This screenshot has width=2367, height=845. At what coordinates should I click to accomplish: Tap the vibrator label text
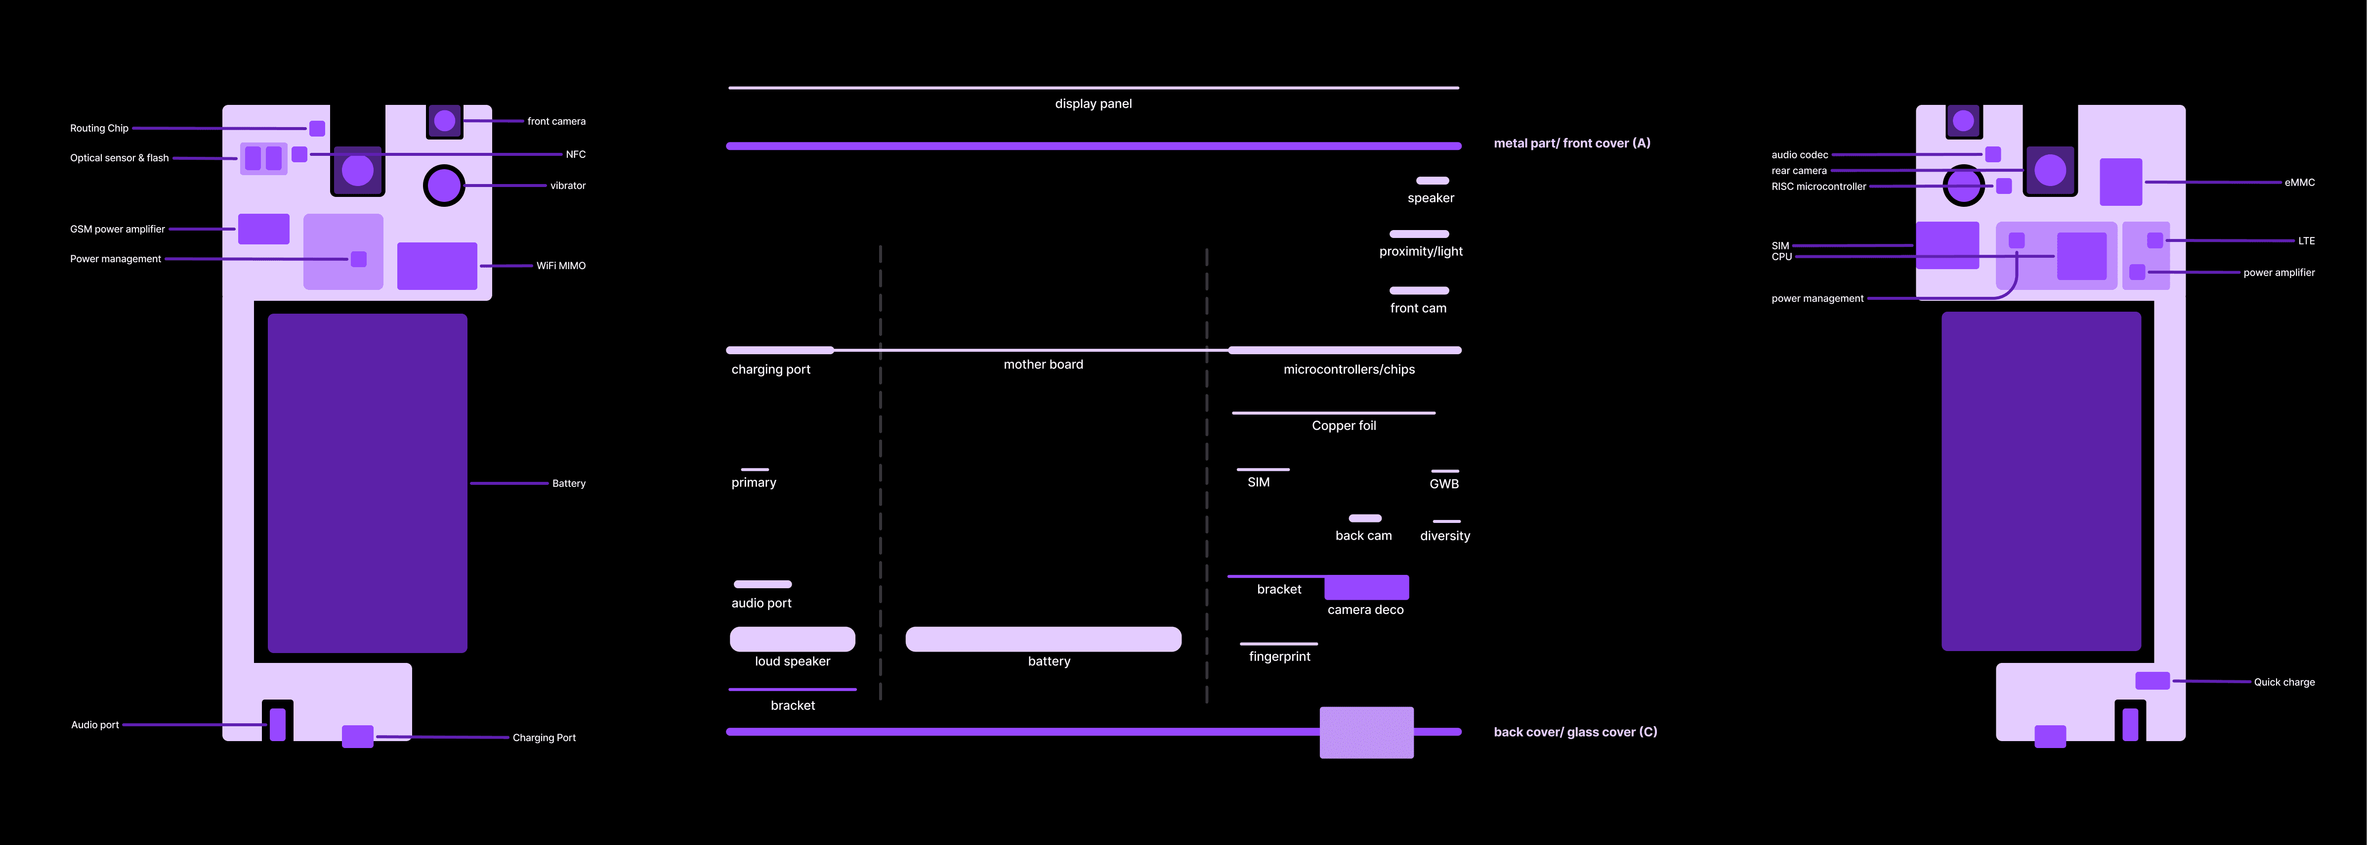click(568, 186)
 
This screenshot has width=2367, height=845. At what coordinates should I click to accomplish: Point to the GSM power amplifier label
click(118, 229)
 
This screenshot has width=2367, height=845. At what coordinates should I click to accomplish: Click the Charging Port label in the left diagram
click(544, 738)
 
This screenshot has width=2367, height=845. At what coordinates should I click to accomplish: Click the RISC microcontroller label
click(1818, 187)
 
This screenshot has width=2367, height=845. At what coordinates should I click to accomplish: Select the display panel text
click(1094, 104)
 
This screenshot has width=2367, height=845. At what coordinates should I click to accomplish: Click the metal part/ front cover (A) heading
click(1572, 143)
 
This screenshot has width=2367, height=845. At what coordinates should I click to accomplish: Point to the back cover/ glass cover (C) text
click(1575, 732)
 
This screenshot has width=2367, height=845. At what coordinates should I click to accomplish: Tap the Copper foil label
click(1344, 426)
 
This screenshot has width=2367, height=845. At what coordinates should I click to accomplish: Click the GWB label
click(1443, 484)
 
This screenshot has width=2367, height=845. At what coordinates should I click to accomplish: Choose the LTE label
click(2306, 241)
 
